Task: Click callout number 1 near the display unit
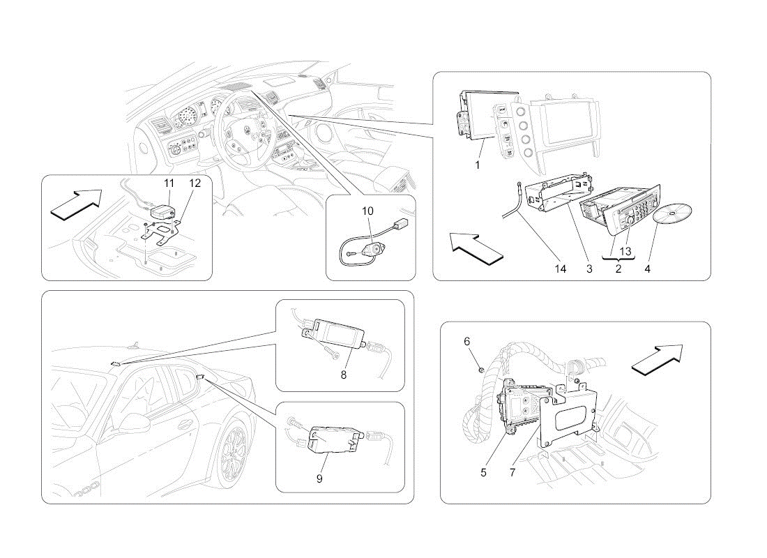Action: coord(478,165)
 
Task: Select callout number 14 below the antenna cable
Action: coord(560,269)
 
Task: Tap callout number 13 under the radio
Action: coord(625,252)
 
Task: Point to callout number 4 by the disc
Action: coord(647,269)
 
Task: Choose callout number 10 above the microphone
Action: coord(367,211)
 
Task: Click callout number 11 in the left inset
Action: coord(169,183)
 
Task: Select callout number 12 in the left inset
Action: coord(195,183)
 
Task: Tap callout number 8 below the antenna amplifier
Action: coord(344,375)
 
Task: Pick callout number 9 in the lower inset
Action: coord(319,478)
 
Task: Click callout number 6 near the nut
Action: coord(466,341)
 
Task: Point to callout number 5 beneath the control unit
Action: coord(483,473)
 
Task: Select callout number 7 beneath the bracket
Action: coord(512,473)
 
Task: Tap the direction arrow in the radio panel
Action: coord(476,248)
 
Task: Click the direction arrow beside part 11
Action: coord(76,203)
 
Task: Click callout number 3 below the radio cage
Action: coord(589,269)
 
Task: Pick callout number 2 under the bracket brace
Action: coord(618,269)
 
